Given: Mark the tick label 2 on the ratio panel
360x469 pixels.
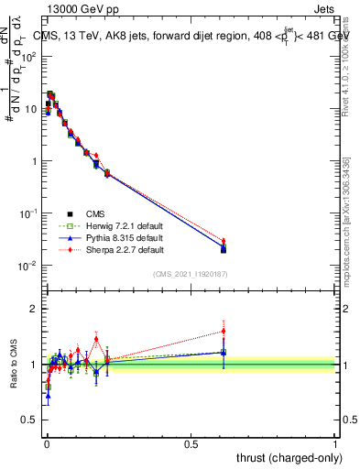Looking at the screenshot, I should (x=34, y=309).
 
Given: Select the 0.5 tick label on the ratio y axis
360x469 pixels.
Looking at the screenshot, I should (x=30, y=420).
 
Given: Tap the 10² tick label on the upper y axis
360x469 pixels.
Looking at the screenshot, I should (x=28, y=57).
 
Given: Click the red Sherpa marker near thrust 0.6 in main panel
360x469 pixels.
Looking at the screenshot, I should (x=224, y=241).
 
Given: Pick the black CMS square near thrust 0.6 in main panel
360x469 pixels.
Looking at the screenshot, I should (x=224, y=249).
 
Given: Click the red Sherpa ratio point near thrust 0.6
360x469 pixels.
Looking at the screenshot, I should (x=224, y=331).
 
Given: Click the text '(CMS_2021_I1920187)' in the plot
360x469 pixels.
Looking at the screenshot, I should (x=191, y=274).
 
